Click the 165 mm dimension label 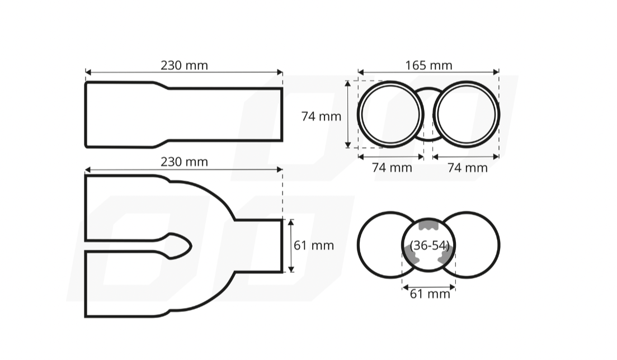(428, 65)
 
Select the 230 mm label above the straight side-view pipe (184, 65)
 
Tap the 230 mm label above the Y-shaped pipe (184, 162)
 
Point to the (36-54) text (429, 245)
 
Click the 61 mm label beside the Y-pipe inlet (314, 245)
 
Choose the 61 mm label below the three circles (430, 294)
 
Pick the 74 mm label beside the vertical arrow (321, 116)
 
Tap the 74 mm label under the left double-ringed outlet (392, 168)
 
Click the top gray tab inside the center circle (428, 225)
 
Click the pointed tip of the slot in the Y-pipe (190, 245)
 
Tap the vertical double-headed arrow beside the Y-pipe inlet (291, 245)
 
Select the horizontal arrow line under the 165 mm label (428, 72)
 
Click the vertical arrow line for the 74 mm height (348, 114)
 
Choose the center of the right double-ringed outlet (466, 115)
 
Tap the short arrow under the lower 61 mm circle (429, 288)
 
